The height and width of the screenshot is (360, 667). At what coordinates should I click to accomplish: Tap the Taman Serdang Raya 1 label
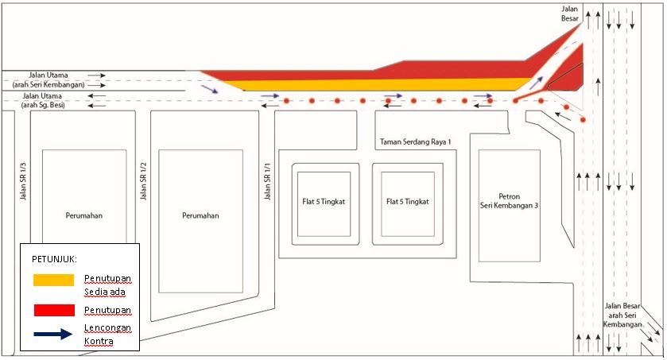pos(416,141)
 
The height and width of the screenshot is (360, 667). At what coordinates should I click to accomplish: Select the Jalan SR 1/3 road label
pos(22,181)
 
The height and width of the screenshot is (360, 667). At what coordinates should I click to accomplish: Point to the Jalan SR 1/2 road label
pos(144,181)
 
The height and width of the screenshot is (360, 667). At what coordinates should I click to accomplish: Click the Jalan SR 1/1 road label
pos(268,181)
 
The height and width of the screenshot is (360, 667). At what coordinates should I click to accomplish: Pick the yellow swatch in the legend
pos(53,281)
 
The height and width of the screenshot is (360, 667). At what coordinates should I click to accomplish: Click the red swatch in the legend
pos(53,309)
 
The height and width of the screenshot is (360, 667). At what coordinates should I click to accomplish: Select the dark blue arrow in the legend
pos(53,335)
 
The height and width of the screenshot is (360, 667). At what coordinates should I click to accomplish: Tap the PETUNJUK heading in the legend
pos(55,259)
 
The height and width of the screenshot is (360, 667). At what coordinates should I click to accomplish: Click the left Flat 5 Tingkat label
pos(324,201)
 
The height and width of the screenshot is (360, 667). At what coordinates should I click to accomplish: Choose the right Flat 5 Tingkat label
pos(408,201)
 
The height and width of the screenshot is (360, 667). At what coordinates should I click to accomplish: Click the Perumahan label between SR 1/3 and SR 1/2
pos(85,215)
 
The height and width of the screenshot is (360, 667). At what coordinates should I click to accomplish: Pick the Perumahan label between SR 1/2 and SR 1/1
pos(200,215)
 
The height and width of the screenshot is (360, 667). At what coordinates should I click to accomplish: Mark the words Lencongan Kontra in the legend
pos(107,335)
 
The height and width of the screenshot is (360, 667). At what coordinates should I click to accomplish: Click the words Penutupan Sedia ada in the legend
pos(107,285)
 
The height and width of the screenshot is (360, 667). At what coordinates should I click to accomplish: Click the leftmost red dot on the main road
pos(286,101)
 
